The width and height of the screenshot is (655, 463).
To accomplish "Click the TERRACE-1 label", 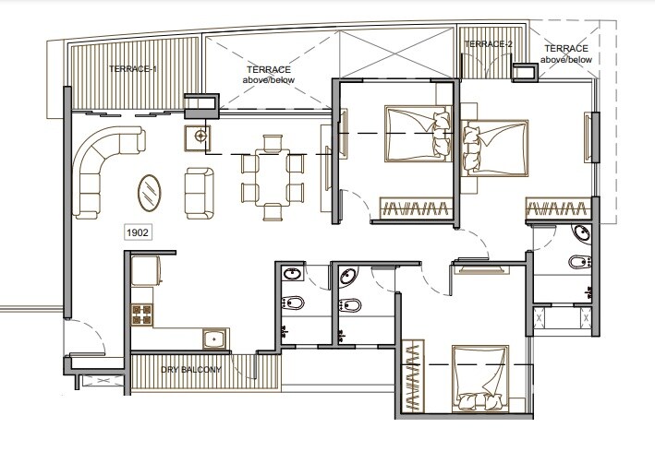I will pyautogui.click(x=133, y=69).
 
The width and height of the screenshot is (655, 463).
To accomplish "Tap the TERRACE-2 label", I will pyautogui.click(x=488, y=43).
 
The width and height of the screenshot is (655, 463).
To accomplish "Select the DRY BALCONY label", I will pyautogui.click(x=191, y=369).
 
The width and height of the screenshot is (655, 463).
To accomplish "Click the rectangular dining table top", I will pyautogui.click(x=272, y=175).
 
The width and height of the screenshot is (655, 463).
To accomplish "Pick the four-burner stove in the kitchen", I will pyautogui.click(x=142, y=315).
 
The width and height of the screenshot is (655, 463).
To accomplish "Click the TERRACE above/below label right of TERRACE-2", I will pyautogui.click(x=565, y=53).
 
